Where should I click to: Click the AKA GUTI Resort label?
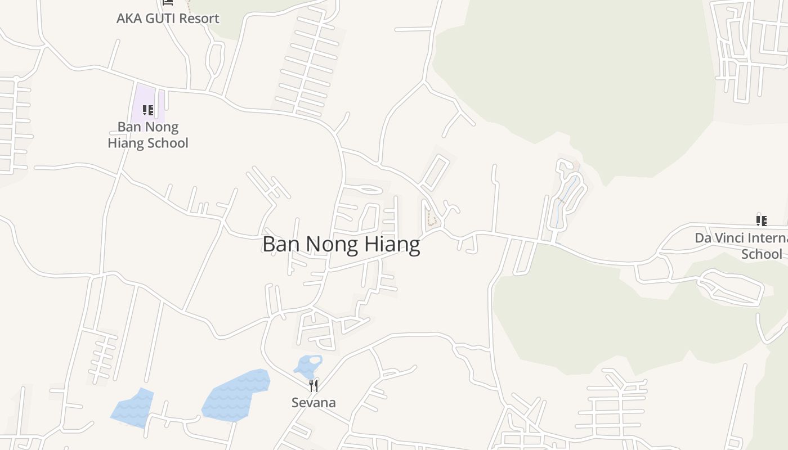[x=168, y=19]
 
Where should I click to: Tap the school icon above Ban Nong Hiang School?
[x=147, y=110]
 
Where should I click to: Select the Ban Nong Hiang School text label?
[x=148, y=135]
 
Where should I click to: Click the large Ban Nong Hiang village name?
[x=341, y=245]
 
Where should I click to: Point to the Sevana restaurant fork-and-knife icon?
[x=314, y=386]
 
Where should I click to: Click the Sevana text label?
[x=314, y=403]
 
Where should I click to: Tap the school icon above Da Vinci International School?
[x=761, y=220]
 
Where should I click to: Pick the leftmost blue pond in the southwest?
[x=133, y=408]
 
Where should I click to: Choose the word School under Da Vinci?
[x=762, y=254]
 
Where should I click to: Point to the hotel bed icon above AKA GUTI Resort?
[x=168, y=2]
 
